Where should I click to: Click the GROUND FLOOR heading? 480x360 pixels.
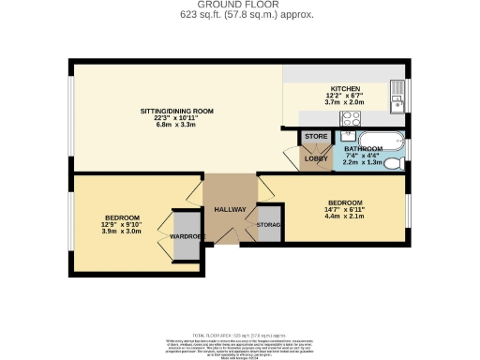point(240,6)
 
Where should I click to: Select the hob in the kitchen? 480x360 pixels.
point(352,119)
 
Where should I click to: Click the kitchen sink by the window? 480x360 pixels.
point(397,94)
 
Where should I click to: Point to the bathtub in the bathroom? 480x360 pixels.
point(381,143)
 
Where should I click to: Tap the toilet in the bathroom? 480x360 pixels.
point(397,163)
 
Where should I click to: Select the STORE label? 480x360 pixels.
point(316,137)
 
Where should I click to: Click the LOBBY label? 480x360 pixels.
point(314,158)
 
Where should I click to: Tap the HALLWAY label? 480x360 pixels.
point(230,209)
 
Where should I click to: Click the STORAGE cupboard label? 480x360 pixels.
point(270,225)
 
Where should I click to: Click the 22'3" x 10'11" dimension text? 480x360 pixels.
point(177,118)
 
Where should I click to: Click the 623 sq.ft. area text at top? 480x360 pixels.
point(240,16)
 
